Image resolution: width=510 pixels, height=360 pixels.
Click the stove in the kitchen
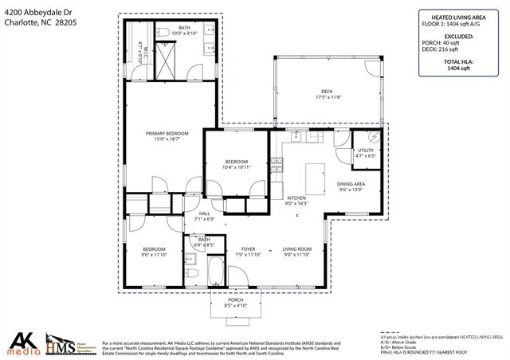(278, 165)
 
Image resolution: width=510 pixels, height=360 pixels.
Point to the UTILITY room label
(365, 150)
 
